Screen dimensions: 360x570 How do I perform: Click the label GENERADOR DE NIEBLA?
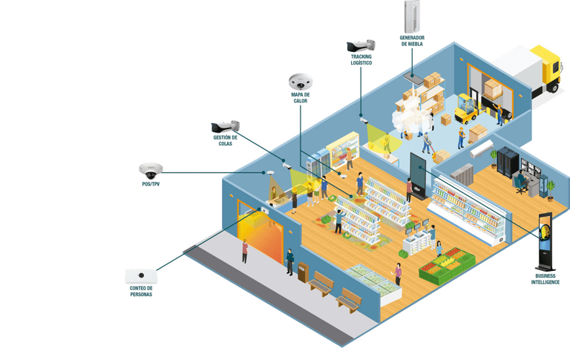pyautogui.click(x=412, y=41)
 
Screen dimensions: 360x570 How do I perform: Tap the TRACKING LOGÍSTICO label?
pyautogui.click(x=361, y=59)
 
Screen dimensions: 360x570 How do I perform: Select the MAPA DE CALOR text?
pyautogui.click(x=301, y=98)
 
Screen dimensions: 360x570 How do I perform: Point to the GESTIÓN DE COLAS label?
pyautogui.click(x=226, y=140)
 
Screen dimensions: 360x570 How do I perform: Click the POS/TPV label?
pyautogui.click(x=151, y=183)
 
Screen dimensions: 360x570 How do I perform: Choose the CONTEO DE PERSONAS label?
pyautogui.click(x=141, y=291)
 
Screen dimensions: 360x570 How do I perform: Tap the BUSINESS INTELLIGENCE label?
pyautogui.click(x=546, y=279)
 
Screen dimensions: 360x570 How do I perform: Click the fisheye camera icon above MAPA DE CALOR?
pyautogui.click(x=301, y=82)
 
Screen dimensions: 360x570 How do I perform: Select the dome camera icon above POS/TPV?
pyautogui.click(x=150, y=170)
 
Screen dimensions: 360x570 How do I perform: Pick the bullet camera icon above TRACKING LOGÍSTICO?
pyautogui.click(x=361, y=45)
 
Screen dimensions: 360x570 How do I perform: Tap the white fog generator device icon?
pyautogui.click(x=412, y=16)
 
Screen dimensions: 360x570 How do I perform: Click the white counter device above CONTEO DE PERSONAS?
pyautogui.click(x=141, y=276)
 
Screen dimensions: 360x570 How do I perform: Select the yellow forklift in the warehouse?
pyautogui.click(x=465, y=109)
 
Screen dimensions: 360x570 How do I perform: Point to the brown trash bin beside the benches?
pyautogui.click(x=303, y=272)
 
